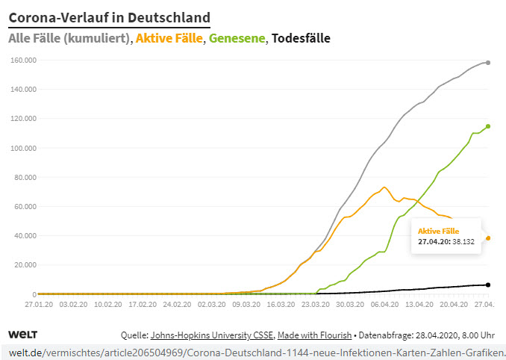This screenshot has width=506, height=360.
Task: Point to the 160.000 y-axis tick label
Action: [22, 60]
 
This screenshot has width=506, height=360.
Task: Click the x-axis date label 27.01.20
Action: [38, 305]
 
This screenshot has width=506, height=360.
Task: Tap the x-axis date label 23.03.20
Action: [315, 305]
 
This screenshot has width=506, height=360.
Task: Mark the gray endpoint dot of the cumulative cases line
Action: [488, 63]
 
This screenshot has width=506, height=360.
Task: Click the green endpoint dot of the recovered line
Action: [488, 126]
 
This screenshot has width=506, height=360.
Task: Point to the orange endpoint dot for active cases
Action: [488, 238]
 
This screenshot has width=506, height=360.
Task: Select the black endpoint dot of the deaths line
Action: [488, 285]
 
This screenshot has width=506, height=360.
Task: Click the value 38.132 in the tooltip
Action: [463, 242]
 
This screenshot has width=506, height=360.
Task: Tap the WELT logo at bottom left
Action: [22, 334]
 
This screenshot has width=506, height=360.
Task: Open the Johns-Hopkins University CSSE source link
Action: [213, 335]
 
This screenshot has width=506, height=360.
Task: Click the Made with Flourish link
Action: [319, 335]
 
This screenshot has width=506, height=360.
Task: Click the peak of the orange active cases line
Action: [384, 187]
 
